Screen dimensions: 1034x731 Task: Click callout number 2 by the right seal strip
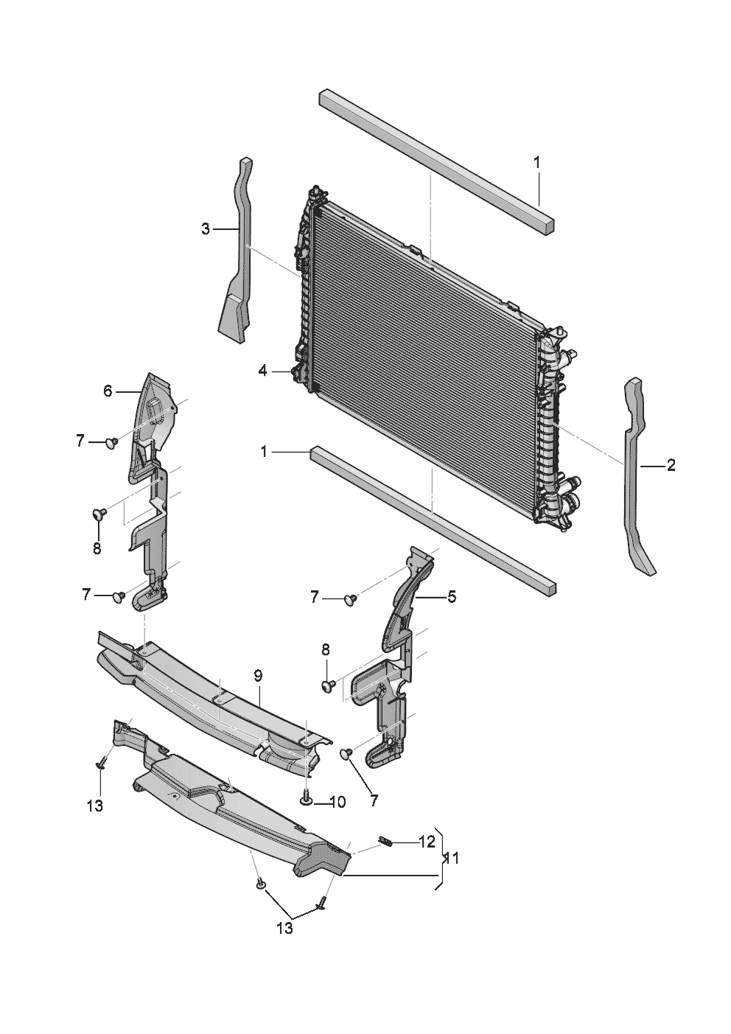click(671, 465)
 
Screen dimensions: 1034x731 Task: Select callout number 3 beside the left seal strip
click(206, 229)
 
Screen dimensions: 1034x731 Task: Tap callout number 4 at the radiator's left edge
click(263, 371)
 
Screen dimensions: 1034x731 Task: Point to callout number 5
click(451, 596)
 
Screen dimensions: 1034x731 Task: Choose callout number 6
click(108, 391)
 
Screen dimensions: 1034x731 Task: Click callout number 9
click(258, 675)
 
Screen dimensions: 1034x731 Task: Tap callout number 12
click(427, 842)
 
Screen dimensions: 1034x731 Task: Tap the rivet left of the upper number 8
click(99, 512)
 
